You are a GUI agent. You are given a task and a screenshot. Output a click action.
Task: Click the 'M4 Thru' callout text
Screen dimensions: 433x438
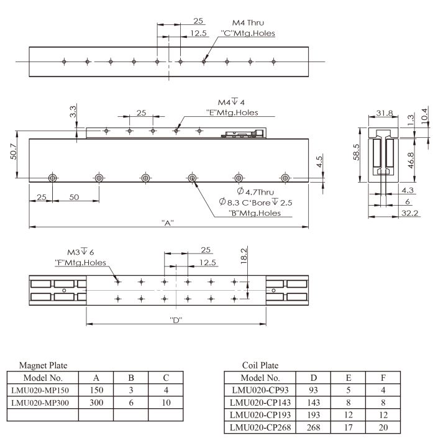pos(248,22)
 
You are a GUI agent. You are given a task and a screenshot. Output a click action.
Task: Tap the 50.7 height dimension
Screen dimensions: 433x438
pos(14,152)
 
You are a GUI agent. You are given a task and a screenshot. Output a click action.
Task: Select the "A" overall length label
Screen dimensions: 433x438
pos(168,223)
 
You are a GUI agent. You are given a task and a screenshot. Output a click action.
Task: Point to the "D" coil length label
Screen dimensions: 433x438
pos(176,320)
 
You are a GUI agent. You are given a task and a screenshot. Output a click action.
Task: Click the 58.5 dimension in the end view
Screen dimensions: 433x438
pos(356,152)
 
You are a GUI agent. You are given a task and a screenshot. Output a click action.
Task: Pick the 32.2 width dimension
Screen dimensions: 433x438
pos(409,213)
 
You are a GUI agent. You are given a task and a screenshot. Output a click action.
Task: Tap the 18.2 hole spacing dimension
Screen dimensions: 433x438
pos(244,256)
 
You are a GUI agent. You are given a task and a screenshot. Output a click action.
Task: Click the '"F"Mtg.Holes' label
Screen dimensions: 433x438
pos(81,263)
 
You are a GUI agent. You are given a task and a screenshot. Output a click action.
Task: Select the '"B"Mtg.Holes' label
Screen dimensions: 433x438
pos(255,213)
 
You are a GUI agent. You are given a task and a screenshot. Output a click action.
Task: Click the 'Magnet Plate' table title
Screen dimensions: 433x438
pos(43,365)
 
